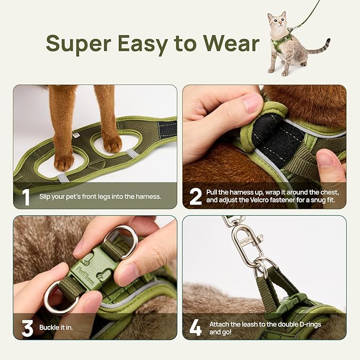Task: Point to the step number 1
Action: (26, 197)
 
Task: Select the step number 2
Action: (196, 197)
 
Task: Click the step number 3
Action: (27, 328)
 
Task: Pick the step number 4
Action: (195, 328)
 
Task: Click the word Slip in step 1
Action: (45, 197)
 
